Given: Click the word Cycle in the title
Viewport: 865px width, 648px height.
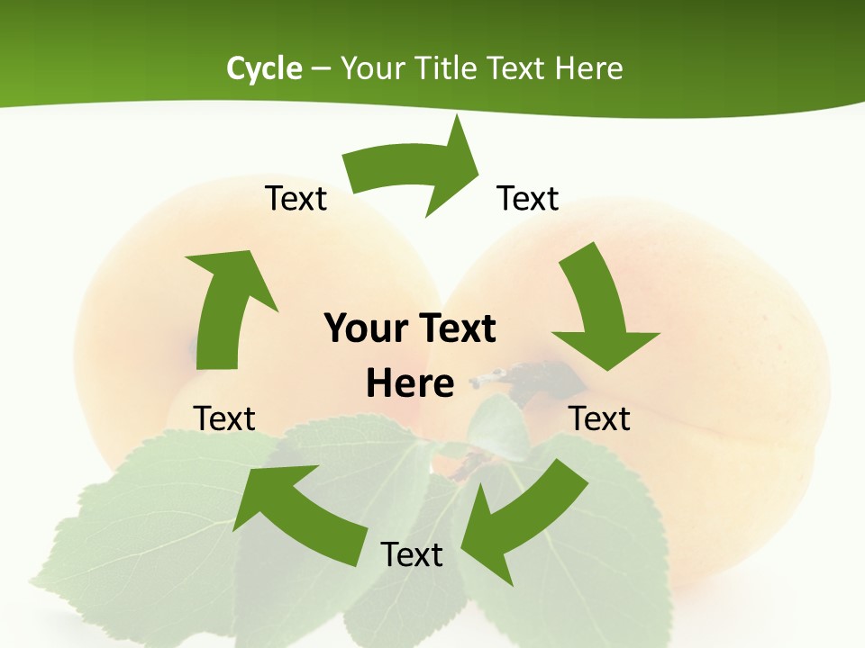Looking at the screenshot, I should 264,68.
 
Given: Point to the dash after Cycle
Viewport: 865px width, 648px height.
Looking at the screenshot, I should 321,69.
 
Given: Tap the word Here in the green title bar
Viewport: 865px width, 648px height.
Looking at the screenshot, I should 587,68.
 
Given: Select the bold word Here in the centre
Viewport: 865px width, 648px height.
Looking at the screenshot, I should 410,384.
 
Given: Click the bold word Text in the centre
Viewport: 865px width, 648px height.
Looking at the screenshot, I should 455,328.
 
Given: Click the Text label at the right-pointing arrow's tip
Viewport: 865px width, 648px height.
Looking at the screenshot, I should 528,198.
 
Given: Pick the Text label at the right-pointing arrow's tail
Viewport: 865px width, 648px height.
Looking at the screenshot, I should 296,198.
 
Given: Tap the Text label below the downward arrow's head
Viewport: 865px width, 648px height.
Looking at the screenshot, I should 600,418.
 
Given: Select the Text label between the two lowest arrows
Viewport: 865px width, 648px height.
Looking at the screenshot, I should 412,554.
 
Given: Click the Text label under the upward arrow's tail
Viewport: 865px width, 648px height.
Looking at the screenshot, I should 225,418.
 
